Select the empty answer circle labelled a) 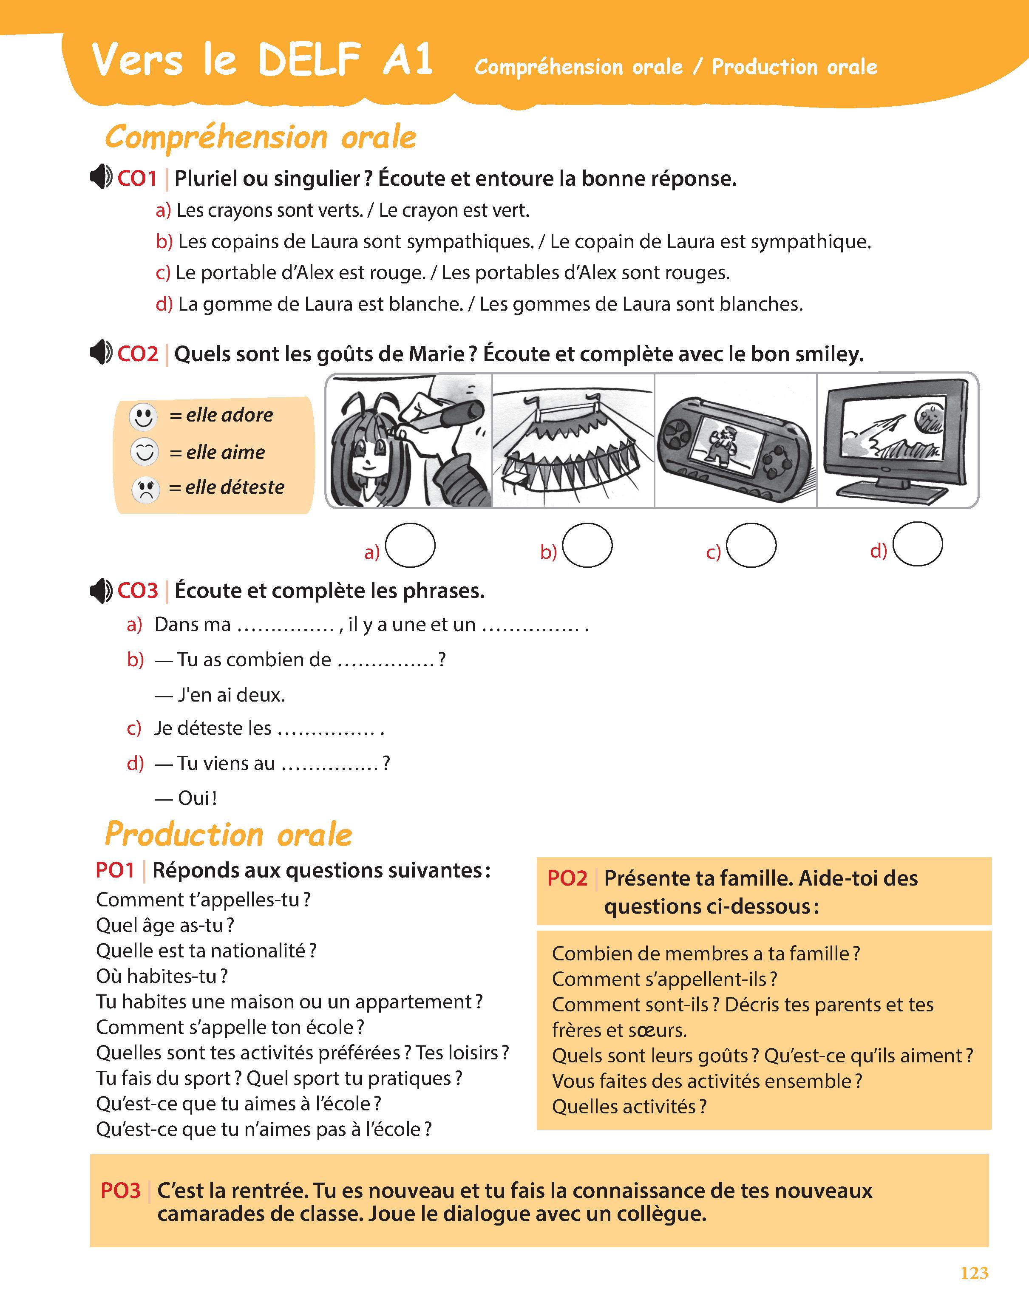pos(410,545)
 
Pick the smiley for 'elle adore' pos(143,416)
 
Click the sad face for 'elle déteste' pos(145,489)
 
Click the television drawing pos(896,440)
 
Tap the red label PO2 pos(567,879)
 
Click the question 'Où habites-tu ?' pos(162,976)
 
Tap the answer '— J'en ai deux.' pos(220,695)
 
